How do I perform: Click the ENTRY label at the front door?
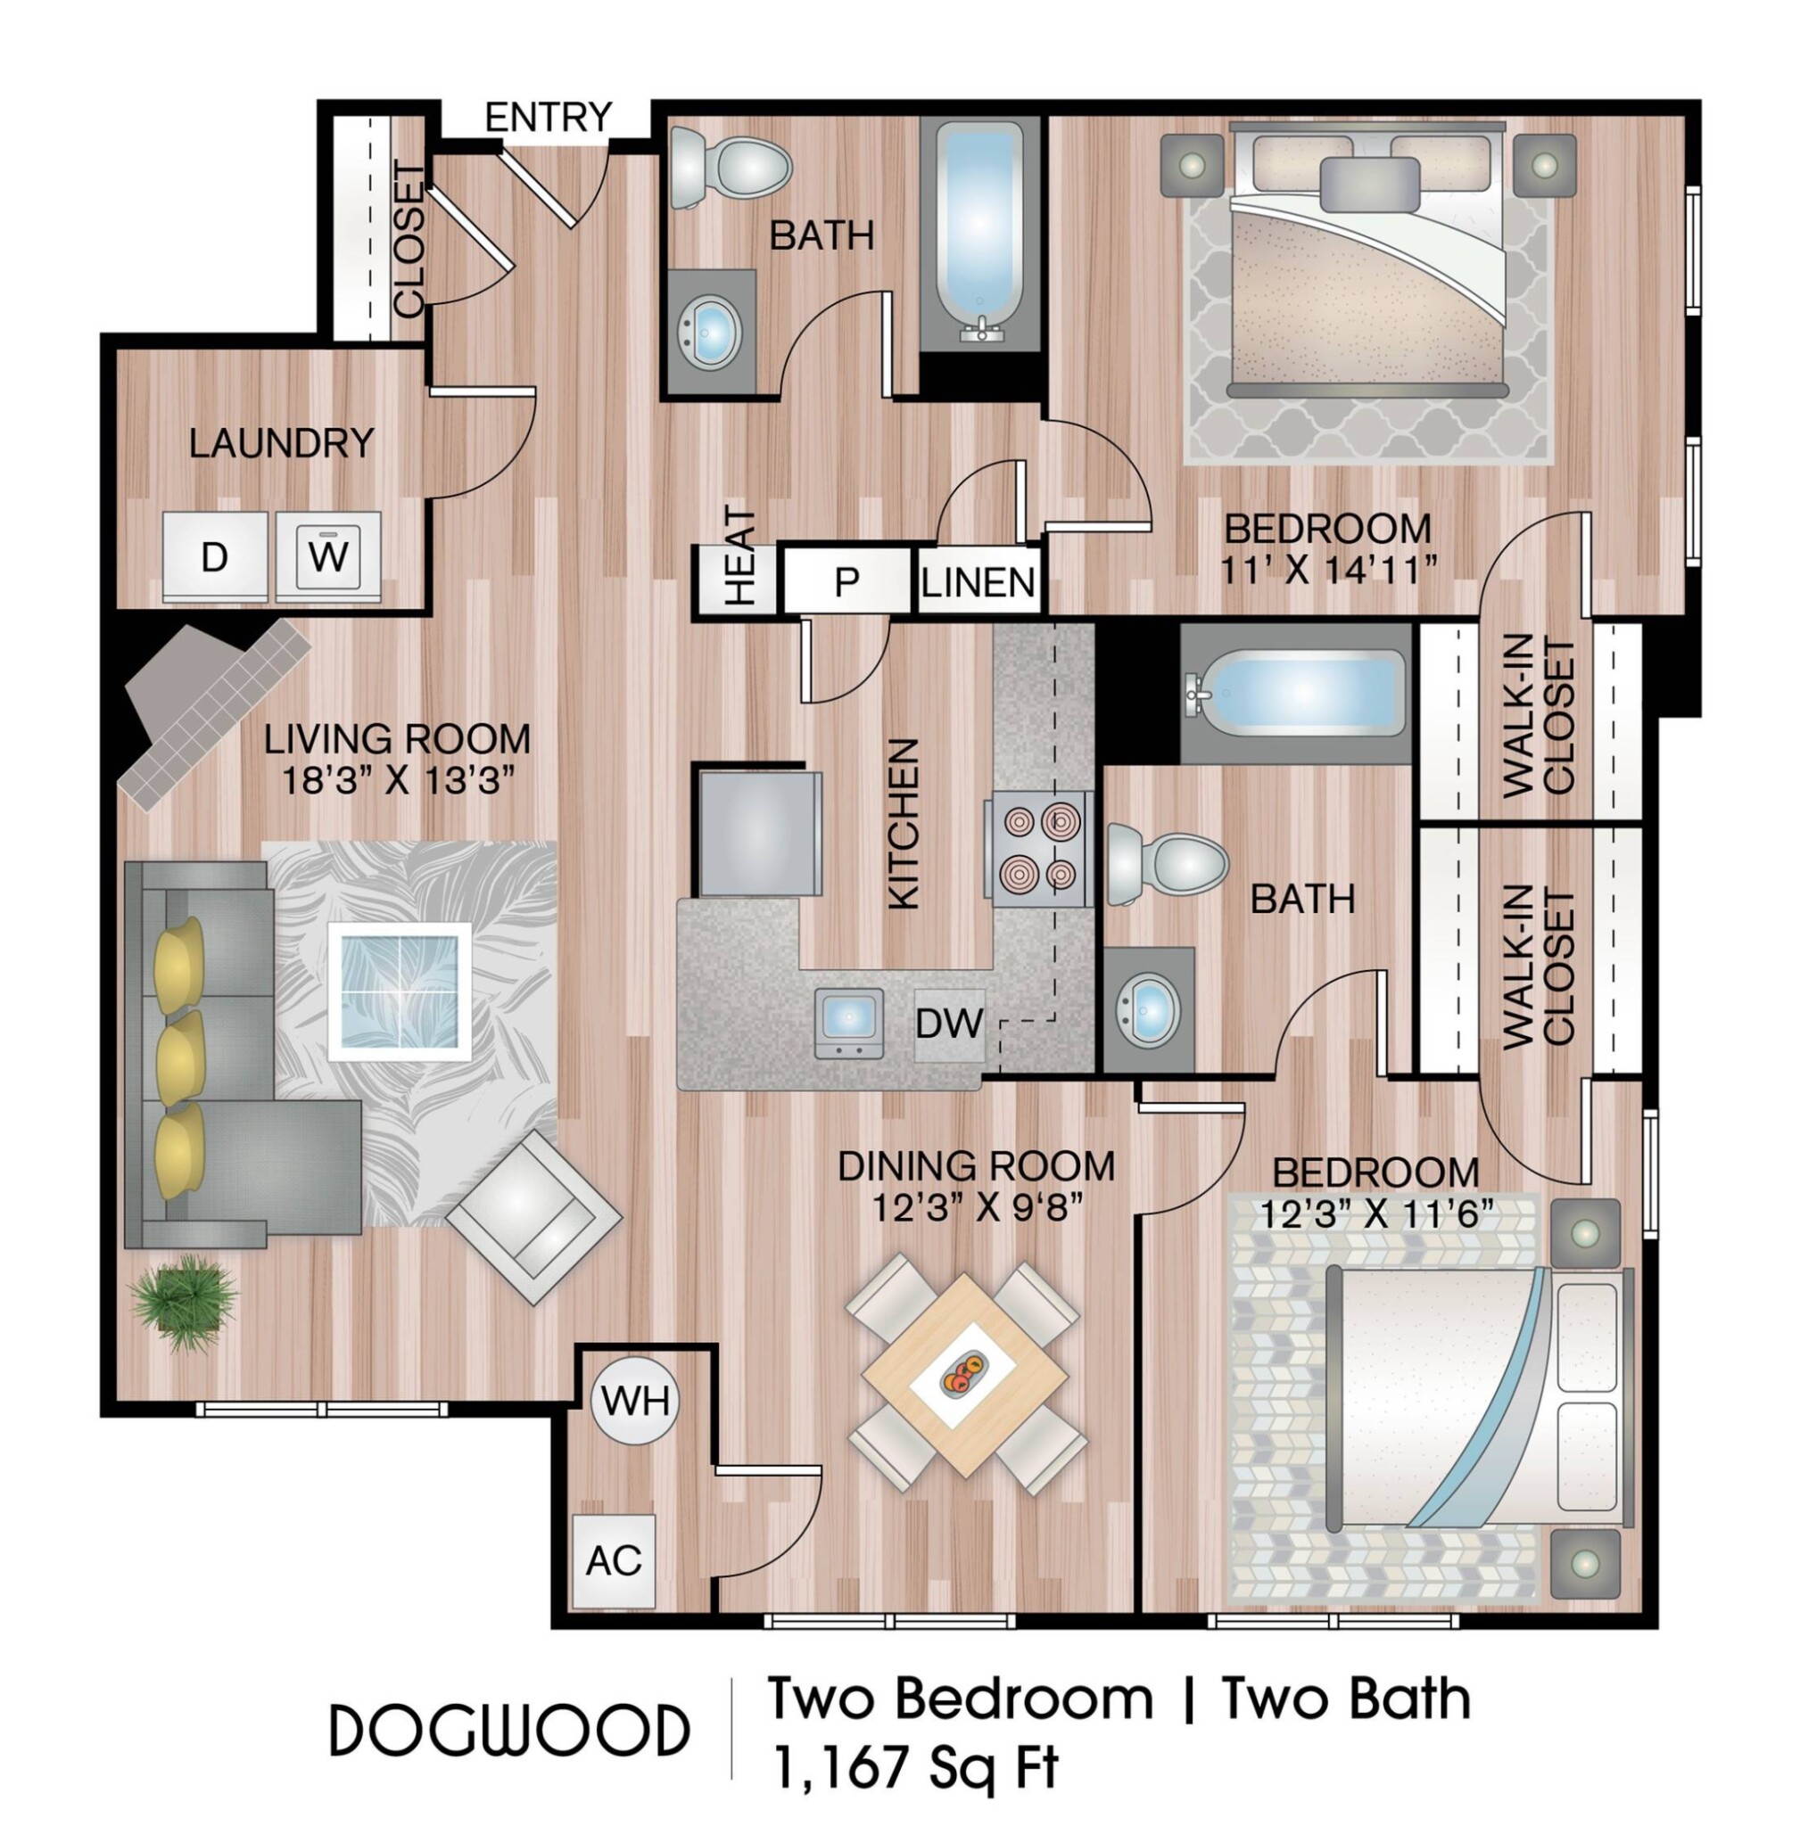[549, 117]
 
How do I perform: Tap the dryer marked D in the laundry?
[217, 556]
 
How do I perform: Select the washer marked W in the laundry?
[328, 556]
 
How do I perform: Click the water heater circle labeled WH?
[635, 1401]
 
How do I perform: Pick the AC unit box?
[614, 1561]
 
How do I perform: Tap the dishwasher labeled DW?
[949, 1024]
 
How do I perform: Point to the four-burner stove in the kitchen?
[1038, 848]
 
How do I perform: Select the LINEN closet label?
[978, 582]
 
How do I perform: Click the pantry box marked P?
[847, 581]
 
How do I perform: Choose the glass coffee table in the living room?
[400, 991]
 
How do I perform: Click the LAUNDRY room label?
[282, 443]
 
